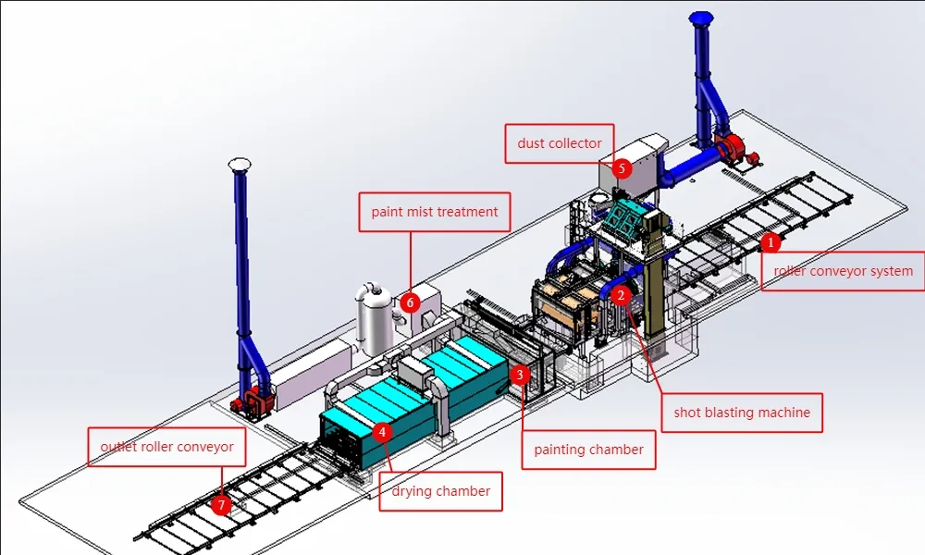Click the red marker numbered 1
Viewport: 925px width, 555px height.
[x=770, y=242]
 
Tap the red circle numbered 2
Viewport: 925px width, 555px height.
[x=622, y=295]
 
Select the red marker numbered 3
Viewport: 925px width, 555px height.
[x=520, y=375]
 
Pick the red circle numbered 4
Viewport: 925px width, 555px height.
[x=382, y=431]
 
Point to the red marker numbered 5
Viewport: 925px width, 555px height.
[x=622, y=168]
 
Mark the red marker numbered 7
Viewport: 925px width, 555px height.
[x=220, y=505]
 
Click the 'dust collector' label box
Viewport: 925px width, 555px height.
[x=559, y=143]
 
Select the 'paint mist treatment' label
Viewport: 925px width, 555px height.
[x=434, y=212]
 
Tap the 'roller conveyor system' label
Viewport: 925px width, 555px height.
[x=842, y=271]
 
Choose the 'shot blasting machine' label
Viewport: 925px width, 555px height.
[x=742, y=413]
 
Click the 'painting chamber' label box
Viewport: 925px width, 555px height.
[x=588, y=450]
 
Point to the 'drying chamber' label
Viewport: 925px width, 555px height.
[x=440, y=491]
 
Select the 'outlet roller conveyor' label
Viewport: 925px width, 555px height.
[x=166, y=447]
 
